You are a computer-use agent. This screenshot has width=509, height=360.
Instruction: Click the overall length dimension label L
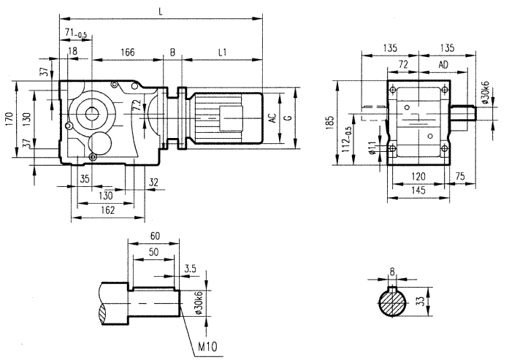click(159, 9)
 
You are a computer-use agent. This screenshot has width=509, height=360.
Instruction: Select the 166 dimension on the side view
click(128, 52)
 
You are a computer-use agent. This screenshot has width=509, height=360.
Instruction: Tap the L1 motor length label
click(223, 52)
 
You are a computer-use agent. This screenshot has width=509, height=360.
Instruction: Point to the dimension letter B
click(173, 52)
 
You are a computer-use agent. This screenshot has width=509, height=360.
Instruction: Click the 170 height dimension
click(8, 119)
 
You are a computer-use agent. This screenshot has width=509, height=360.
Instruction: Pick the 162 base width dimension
click(107, 210)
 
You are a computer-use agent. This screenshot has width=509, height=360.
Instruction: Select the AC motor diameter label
click(272, 118)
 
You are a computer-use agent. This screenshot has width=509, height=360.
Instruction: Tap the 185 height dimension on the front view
click(331, 120)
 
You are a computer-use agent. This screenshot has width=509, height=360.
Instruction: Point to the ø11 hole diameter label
click(373, 148)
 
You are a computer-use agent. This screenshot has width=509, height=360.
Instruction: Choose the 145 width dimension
click(418, 190)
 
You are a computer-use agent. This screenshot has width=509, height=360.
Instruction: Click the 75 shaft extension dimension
click(459, 176)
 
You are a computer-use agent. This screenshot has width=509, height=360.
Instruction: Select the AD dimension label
click(443, 66)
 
